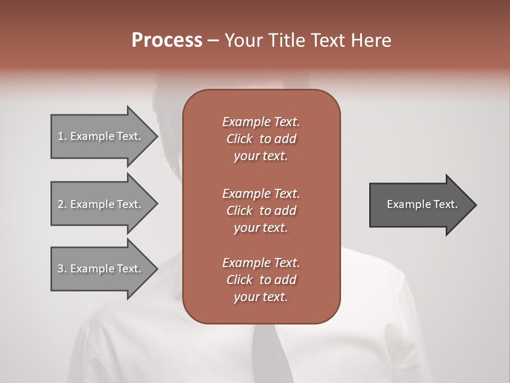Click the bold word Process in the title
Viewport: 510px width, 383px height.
point(167,40)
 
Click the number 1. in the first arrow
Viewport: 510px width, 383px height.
point(62,136)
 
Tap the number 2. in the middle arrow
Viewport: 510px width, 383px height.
point(62,204)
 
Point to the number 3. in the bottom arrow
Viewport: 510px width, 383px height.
point(62,269)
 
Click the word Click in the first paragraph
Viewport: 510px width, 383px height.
point(240,139)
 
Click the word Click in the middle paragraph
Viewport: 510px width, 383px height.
point(240,211)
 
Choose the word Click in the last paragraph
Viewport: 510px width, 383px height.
point(240,280)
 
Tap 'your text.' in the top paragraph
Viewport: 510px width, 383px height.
point(261,156)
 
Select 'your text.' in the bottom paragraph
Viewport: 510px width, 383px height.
point(261,297)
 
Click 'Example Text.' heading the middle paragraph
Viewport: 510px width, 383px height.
point(261,193)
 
